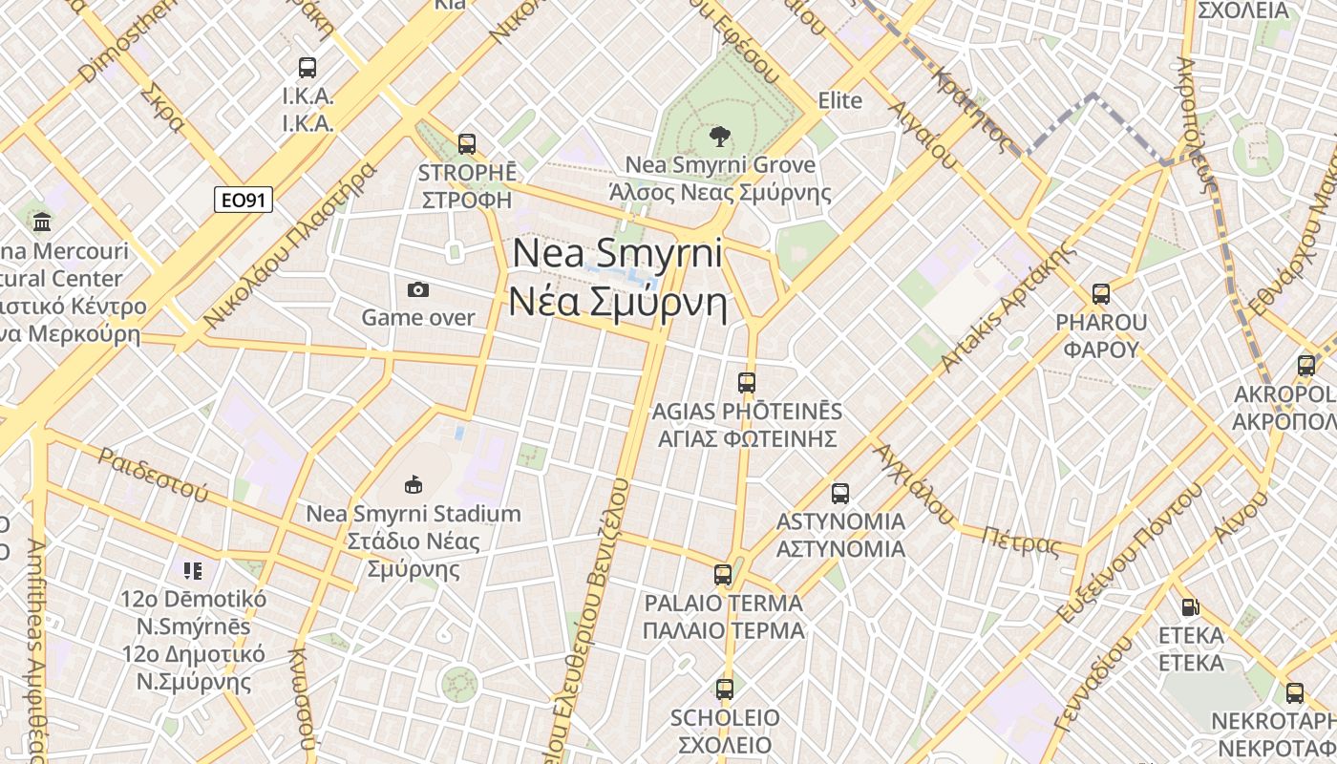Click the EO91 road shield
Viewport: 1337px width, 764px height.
coord(244,200)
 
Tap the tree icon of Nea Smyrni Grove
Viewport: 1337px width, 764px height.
coord(720,136)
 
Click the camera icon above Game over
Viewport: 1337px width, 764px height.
coord(417,289)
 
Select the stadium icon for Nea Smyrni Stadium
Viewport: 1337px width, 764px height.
coord(413,485)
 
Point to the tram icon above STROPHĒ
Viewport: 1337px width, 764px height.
coord(466,144)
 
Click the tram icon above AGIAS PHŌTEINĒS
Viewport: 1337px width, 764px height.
coord(747,383)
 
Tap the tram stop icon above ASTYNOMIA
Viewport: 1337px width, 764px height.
coord(840,494)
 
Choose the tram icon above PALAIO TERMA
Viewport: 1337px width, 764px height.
coord(723,575)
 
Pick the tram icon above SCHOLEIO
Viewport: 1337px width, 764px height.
coord(725,689)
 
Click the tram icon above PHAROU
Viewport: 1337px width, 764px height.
coord(1101,294)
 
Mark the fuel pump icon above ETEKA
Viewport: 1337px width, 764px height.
coord(1190,606)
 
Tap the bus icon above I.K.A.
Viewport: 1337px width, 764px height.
coord(308,68)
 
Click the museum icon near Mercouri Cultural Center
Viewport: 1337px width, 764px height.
coord(42,222)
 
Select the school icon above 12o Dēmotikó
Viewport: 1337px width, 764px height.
coord(193,571)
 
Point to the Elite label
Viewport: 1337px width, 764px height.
coord(840,100)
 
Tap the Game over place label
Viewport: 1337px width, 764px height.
coord(417,317)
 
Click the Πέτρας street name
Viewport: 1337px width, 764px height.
coord(1021,541)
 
